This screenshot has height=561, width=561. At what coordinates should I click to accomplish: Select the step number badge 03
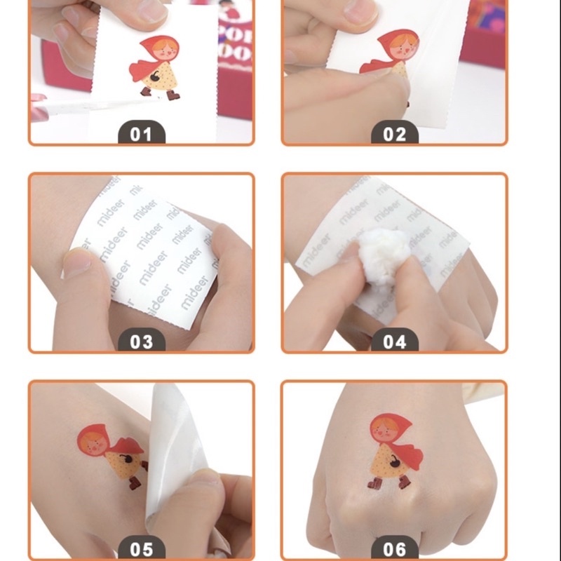[x=141, y=342]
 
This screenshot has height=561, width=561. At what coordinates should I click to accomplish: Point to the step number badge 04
[x=394, y=342]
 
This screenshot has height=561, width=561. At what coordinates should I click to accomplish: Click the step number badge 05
[x=141, y=548]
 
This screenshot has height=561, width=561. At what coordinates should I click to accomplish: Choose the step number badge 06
[x=394, y=548]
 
